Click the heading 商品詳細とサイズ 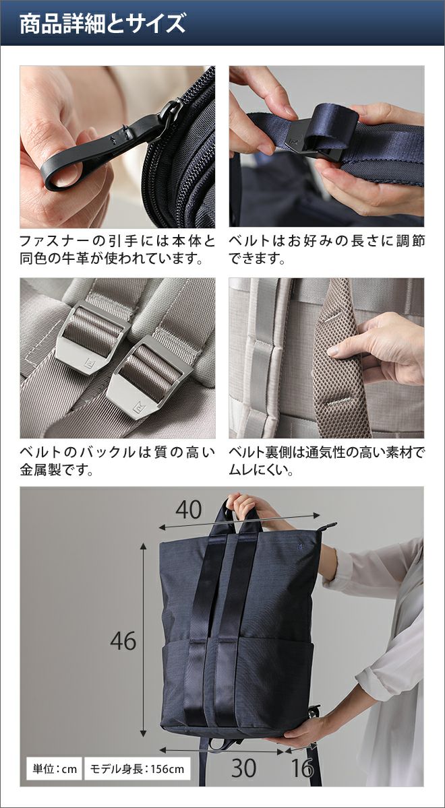click(x=102, y=24)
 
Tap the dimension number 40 click(x=189, y=510)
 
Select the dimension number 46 click(x=123, y=641)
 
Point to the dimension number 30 click(x=244, y=769)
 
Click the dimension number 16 click(x=301, y=769)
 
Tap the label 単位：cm click(x=55, y=769)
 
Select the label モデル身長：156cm click(x=137, y=769)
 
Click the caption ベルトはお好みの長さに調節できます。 click(x=326, y=249)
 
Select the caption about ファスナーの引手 click(x=117, y=249)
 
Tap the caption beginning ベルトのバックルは click(x=117, y=461)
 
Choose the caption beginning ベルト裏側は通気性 click(x=326, y=461)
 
